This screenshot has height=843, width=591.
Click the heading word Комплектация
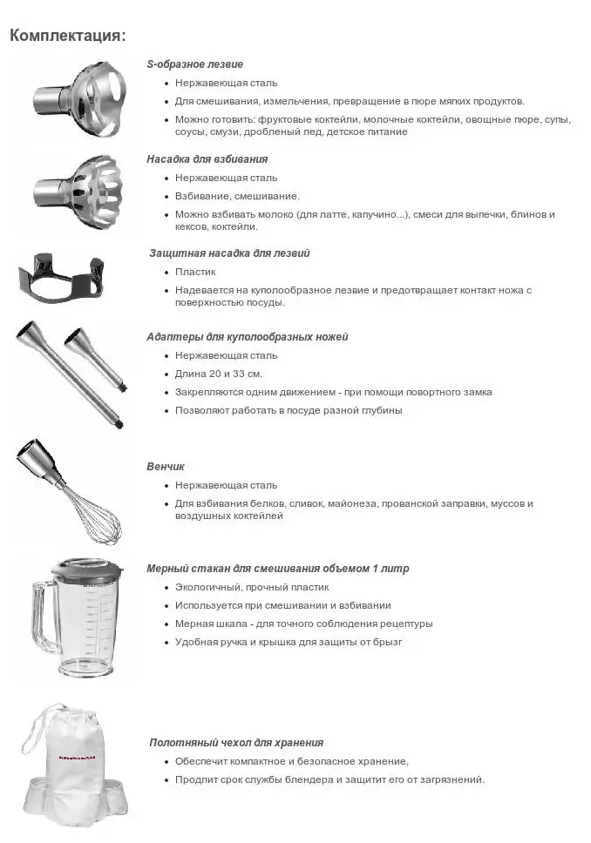point(66,36)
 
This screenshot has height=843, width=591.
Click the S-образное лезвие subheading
point(194,64)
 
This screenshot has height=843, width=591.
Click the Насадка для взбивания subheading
point(207,159)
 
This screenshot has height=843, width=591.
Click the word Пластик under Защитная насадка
point(194,272)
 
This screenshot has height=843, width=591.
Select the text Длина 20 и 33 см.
point(219,374)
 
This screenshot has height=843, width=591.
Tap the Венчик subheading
point(166,467)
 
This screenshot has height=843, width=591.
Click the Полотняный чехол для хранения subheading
point(236,743)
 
